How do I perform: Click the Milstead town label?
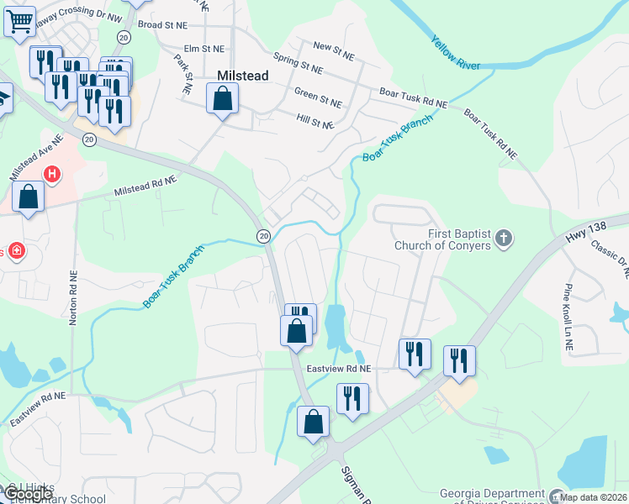click(x=243, y=76)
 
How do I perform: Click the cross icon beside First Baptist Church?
click(x=504, y=239)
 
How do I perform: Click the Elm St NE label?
click(x=204, y=49)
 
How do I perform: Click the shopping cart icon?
click(x=18, y=20)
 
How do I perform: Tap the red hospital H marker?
click(x=52, y=174)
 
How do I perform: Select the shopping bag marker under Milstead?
click(x=222, y=99)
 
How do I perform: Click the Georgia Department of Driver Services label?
click(x=493, y=497)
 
